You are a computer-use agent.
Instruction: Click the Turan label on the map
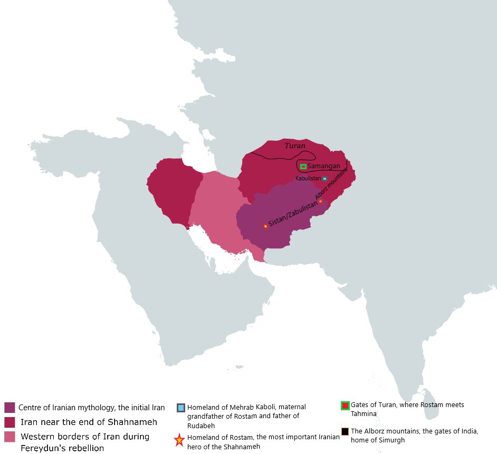click(x=295, y=146)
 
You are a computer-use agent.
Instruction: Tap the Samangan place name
click(x=323, y=166)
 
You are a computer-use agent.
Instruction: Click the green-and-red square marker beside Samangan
click(x=303, y=167)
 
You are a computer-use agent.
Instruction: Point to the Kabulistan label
click(x=308, y=179)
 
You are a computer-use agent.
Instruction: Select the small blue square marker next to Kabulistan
click(x=325, y=179)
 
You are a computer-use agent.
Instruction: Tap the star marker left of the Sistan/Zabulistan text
click(x=265, y=226)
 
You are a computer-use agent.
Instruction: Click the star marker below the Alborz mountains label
click(x=320, y=201)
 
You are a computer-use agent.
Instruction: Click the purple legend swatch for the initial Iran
click(x=9, y=407)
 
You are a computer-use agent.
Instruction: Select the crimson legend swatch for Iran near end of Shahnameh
click(x=9, y=422)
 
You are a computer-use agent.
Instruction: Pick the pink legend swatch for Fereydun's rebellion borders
click(x=9, y=437)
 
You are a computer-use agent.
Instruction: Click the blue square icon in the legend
click(x=181, y=408)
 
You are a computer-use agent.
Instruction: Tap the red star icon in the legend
click(x=179, y=439)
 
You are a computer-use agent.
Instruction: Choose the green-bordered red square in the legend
click(x=345, y=405)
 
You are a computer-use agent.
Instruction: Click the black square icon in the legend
click(x=345, y=431)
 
